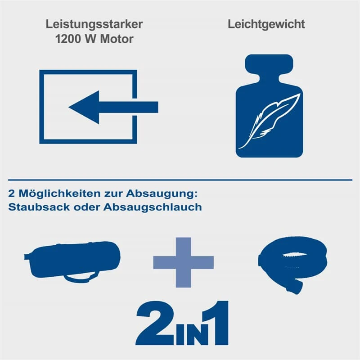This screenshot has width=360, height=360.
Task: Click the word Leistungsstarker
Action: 94,25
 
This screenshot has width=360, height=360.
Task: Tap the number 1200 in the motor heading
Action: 68,39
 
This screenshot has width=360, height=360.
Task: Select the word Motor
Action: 117,39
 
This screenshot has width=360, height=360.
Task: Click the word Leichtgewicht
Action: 266,24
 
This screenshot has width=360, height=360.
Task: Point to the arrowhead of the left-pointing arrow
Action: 84,107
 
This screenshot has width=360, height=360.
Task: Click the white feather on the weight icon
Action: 269,121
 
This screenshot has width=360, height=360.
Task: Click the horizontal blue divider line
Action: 180,180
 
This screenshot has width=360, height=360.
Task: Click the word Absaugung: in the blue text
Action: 162,193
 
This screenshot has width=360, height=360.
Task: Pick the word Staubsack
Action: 39,207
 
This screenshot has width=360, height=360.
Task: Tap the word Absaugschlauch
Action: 153,207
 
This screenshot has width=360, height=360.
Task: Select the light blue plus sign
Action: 183,262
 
